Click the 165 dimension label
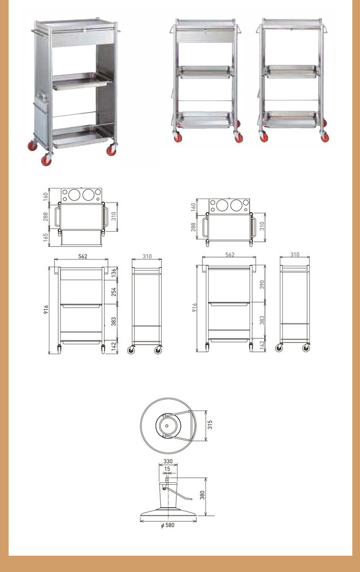(x=46, y=238)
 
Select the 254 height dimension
(x=114, y=291)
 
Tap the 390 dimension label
(x=262, y=285)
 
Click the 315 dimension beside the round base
(x=210, y=424)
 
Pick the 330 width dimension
(x=168, y=462)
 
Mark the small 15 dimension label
(x=167, y=469)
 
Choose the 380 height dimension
(x=202, y=495)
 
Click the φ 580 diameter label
(x=168, y=525)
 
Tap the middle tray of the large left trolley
(x=82, y=81)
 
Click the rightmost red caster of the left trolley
(x=112, y=149)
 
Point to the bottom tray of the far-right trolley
(x=291, y=119)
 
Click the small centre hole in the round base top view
(x=167, y=425)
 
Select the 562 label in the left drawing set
(x=83, y=256)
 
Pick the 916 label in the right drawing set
(x=195, y=307)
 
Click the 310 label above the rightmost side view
(x=295, y=254)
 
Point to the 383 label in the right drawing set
(x=262, y=320)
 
